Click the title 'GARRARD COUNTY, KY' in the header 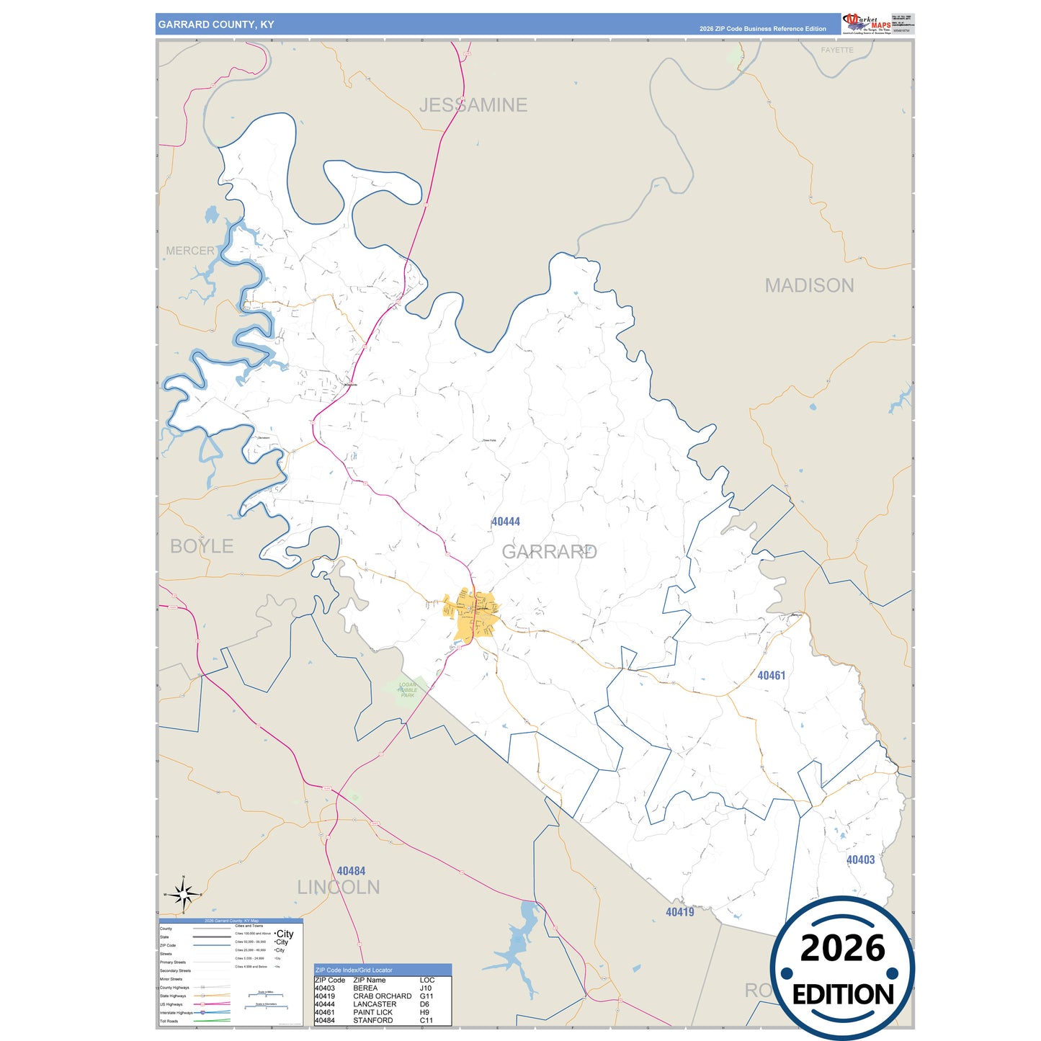216,24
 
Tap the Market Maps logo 867,23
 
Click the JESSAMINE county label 473,105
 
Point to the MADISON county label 809,285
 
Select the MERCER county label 190,251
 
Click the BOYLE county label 202,546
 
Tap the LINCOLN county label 339,887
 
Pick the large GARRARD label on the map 549,552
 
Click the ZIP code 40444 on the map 506,522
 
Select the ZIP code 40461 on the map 771,676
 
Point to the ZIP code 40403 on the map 860,859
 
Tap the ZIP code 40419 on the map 679,912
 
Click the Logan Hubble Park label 408,690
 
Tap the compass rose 184,895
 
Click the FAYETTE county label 837,50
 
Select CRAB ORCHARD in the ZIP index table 382,996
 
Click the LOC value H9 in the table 424,1012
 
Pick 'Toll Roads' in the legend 169,1021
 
